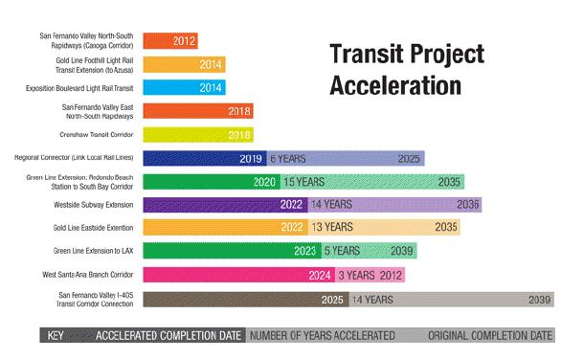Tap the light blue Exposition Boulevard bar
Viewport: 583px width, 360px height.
[184, 88]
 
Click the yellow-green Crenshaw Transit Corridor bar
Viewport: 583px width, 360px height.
[197, 135]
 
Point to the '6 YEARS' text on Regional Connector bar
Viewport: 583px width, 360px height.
[288, 159]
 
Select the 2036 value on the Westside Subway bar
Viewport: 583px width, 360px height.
[468, 205]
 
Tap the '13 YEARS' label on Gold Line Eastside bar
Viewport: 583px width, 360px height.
[331, 228]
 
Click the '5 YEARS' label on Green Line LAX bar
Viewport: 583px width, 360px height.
[342, 252]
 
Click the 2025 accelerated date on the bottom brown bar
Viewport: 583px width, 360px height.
[332, 300]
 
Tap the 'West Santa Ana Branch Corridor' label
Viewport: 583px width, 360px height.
[94, 276]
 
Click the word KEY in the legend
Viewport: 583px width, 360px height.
[55, 337]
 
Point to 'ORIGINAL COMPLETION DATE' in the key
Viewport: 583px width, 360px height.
[490, 337]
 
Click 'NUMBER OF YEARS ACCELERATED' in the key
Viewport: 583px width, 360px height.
[322, 337]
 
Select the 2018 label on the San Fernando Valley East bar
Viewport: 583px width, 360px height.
[240, 111]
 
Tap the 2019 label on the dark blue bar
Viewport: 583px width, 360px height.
[251, 159]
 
